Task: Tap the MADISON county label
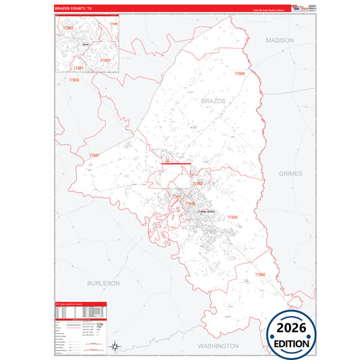280,41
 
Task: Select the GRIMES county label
292,174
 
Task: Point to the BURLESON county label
103,283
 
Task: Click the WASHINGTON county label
218,345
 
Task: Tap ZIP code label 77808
240,73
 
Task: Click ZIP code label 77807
94,156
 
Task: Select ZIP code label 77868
260,274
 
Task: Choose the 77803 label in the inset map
68,28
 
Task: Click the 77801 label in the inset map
78,68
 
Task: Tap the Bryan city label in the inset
85,45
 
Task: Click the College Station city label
206,211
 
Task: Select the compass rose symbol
115,346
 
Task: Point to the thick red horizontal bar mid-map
176,163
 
